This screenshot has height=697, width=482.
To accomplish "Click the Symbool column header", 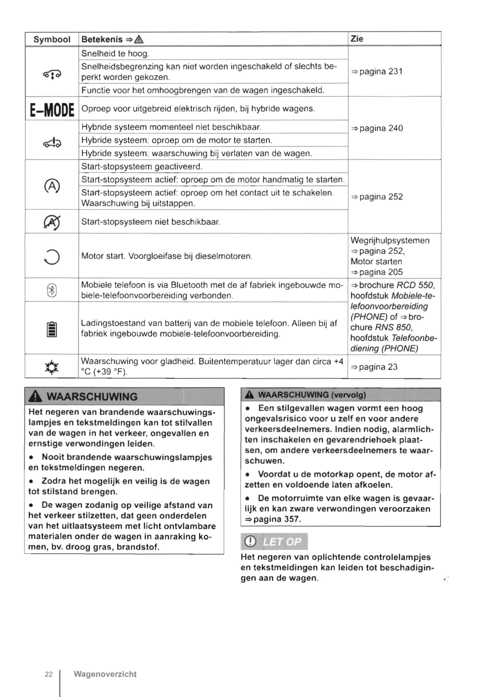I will coord(52,39).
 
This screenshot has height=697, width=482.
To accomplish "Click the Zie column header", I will coord(357,39).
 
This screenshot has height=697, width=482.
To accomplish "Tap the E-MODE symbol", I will coord(52,110).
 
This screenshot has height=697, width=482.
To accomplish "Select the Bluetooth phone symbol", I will coord(51,290).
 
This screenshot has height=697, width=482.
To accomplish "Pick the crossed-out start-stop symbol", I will coord(51,222).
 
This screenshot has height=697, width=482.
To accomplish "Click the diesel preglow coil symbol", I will coord(52,256).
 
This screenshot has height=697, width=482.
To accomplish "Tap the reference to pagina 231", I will coord(377,72).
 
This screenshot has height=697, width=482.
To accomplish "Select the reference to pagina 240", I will coord(377,129).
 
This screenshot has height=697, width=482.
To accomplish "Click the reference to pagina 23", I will coord(374,367).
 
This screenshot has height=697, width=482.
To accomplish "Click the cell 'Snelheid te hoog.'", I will coord(115,54).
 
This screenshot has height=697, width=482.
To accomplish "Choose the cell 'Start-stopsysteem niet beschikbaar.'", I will coord(151,222).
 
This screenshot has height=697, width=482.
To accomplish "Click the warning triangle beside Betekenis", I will coord(139,40).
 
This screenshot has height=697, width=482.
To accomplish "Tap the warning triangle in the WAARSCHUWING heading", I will coord(37,397).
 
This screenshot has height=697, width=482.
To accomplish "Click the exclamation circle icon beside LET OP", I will coord(250,542).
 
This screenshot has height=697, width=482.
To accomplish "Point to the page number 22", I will coord(49,674).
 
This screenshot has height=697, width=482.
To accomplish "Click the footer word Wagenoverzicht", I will coord(105,674).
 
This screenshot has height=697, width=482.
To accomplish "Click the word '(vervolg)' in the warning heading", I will coord(349,395).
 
